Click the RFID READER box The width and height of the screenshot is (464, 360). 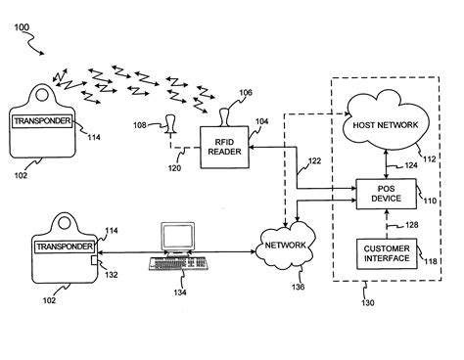[x=223, y=147]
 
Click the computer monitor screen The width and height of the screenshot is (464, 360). [x=176, y=236]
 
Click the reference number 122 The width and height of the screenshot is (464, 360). [x=314, y=159]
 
